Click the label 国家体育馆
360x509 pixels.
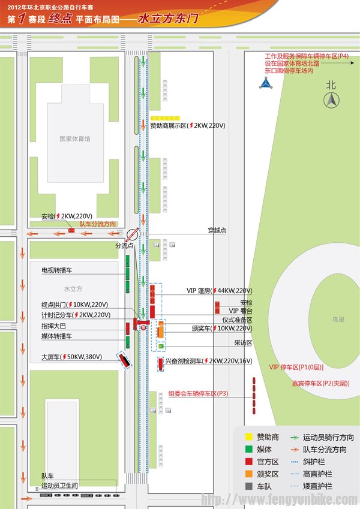coord(75,138)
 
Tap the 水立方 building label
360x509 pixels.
coord(73,288)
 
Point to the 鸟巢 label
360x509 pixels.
coord(338,320)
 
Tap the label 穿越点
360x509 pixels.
coord(217,230)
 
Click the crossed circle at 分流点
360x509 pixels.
coord(133,234)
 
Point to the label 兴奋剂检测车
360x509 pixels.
coord(184,361)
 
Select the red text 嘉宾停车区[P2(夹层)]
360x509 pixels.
coord(320,383)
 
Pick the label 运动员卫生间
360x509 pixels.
coord(59,485)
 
